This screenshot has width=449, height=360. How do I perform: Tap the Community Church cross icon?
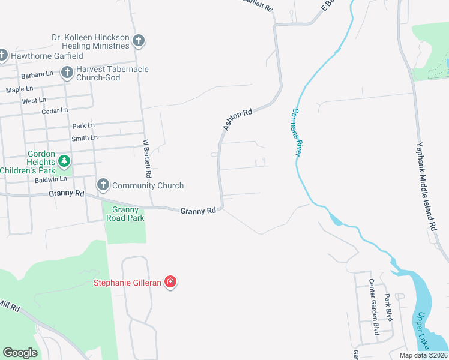pyautogui.click(x=103, y=185)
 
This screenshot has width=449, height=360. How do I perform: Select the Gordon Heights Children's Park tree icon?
pyautogui.click(x=64, y=161)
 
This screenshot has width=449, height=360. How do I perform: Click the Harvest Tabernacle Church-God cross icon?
pyautogui.click(x=67, y=73)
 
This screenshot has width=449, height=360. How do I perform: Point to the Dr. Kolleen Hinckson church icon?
pyautogui.click(x=139, y=41)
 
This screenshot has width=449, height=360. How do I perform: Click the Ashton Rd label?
pyautogui.click(x=237, y=120)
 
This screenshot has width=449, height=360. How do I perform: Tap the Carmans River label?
pyautogui.click(x=295, y=132)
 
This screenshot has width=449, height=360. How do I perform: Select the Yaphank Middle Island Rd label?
pyautogui.click(x=427, y=186)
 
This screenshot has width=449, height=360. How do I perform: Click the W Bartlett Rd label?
pyautogui.click(x=146, y=159)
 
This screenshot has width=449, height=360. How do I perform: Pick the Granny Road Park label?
pyautogui.click(x=125, y=214)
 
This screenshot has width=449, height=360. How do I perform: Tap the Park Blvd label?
pyautogui.click(x=389, y=307)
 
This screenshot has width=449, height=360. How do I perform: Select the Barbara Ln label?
pyautogui.click(x=37, y=75)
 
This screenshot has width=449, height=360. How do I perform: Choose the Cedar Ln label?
pyautogui.click(x=55, y=111)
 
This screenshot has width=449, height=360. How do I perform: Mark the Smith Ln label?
pyautogui.click(x=84, y=138)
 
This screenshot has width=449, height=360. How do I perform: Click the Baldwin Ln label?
pyautogui.click(x=50, y=179)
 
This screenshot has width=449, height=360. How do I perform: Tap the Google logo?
pyautogui.click(x=20, y=353)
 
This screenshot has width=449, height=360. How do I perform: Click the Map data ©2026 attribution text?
pyautogui.click(x=423, y=355)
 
